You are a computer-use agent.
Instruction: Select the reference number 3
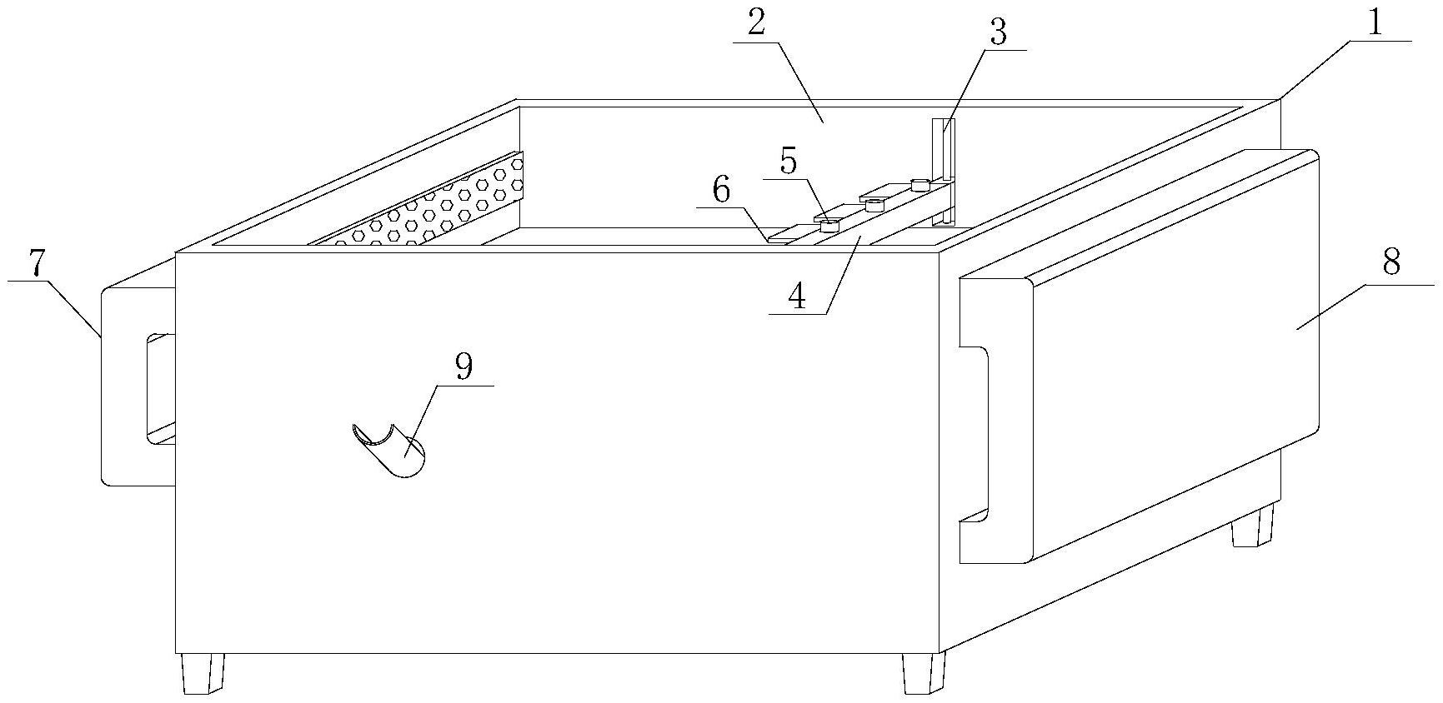(998, 33)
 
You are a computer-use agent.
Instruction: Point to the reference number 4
(798, 296)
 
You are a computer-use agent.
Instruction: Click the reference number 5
(789, 161)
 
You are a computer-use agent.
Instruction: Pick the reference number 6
(721, 191)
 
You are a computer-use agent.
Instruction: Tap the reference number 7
(36, 264)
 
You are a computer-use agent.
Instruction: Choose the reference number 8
(1391, 263)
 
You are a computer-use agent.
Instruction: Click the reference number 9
(464, 366)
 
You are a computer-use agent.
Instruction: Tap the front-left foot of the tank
(203, 673)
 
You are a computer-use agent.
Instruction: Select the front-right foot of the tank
(924, 673)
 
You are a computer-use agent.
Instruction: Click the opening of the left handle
(161, 388)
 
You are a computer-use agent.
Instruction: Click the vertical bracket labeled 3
(943, 172)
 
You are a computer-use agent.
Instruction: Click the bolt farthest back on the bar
(919, 185)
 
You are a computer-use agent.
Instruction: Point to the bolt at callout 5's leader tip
(829, 225)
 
